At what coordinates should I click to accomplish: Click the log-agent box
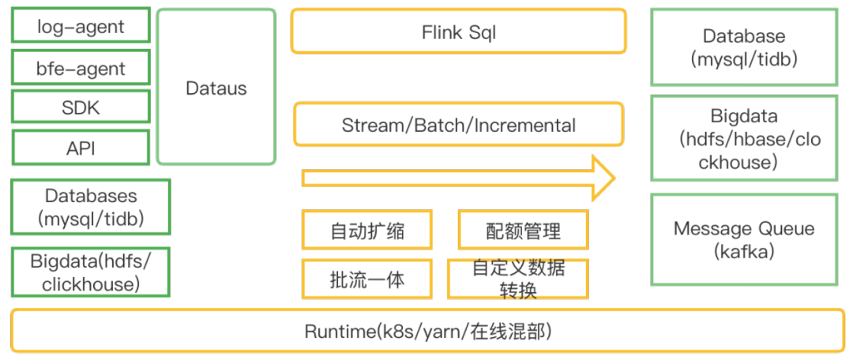pyautogui.click(x=81, y=26)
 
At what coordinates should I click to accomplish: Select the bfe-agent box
pyautogui.click(x=81, y=68)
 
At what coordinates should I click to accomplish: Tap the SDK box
pyautogui.click(x=81, y=108)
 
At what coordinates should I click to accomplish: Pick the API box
pyautogui.click(x=81, y=147)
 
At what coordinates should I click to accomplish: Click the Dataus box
pyautogui.click(x=216, y=88)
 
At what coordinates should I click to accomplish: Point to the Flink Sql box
pyautogui.click(x=458, y=32)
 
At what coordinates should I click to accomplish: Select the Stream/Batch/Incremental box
pyautogui.click(x=458, y=125)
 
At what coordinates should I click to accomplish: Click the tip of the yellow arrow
pyautogui.click(x=613, y=178)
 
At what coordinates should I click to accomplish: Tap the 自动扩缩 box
pyautogui.click(x=366, y=231)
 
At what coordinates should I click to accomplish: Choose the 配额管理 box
pyautogui.click(x=523, y=231)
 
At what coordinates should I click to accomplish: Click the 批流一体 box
pyautogui.click(x=366, y=279)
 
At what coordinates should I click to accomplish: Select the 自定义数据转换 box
pyautogui.click(x=518, y=279)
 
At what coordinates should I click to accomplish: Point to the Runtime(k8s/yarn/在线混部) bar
pyautogui.click(x=427, y=330)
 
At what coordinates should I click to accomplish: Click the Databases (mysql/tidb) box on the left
pyautogui.click(x=90, y=207)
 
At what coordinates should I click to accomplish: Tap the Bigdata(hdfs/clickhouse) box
pyautogui.click(x=90, y=272)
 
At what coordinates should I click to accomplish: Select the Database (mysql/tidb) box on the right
pyautogui.click(x=743, y=47)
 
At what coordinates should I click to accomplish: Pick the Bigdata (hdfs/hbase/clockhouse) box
pyautogui.click(x=743, y=139)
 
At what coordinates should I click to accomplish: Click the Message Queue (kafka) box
pyautogui.click(x=743, y=240)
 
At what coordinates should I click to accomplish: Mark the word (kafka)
pyautogui.click(x=743, y=252)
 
